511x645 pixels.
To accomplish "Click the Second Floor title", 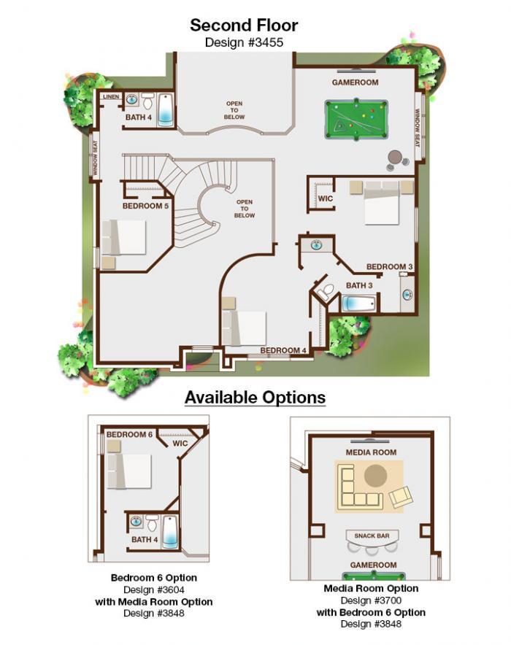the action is click(244, 26).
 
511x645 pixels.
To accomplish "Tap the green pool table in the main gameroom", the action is click(356, 119).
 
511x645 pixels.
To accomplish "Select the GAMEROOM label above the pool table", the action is click(355, 82).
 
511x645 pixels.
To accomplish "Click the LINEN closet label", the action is click(111, 96).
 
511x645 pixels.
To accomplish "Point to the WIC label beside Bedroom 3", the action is click(325, 198).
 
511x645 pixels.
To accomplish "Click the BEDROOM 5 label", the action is click(146, 206).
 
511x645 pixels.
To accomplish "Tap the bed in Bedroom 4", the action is click(244, 328).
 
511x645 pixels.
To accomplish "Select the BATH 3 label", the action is click(359, 285).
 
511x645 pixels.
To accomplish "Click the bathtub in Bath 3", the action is click(358, 304).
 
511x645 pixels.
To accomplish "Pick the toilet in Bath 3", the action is click(327, 290).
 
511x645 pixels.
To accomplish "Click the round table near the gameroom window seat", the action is click(395, 157).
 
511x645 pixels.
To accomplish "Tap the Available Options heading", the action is click(255, 398).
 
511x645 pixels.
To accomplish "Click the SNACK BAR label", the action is click(372, 536).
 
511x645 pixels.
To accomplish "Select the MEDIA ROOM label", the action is click(371, 452).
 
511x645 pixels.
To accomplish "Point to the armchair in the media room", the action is click(400, 497).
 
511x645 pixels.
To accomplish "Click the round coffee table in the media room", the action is click(376, 476).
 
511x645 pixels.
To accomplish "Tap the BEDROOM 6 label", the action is click(129, 434).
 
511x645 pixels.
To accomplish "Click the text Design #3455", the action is click(244, 42).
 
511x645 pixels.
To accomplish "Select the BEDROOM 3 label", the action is click(389, 266).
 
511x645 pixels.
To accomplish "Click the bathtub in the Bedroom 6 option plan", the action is click(170, 532).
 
